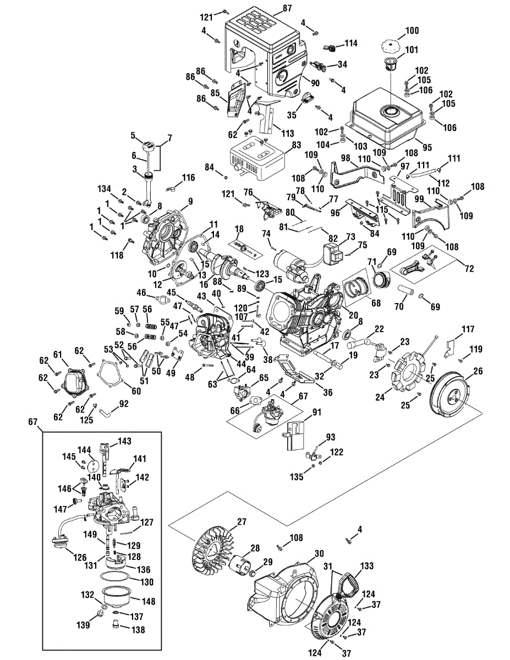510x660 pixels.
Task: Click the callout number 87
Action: click(287, 8)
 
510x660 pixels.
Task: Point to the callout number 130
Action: click(147, 581)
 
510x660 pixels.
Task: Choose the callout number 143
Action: click(125, 441)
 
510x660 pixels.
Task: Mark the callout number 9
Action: click(190, 202)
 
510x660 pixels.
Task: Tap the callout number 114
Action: click(351, 43)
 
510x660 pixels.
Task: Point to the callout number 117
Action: click(468, 330)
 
